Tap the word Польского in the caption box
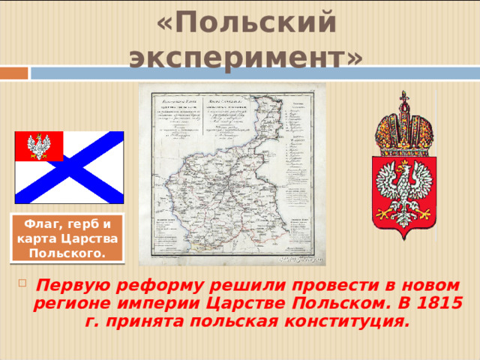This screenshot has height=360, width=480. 67,253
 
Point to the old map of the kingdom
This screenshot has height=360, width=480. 232,174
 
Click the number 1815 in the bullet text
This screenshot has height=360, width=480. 438,305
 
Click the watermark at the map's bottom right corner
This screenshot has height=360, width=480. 299,259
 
